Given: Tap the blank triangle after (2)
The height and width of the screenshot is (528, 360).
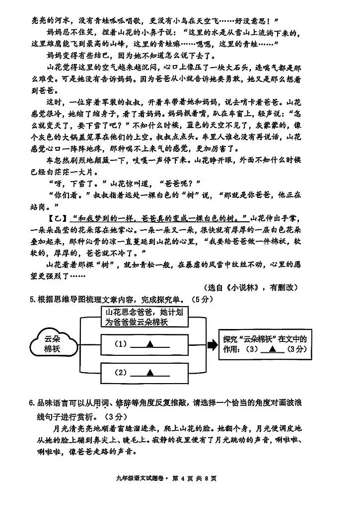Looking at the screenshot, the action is [147, 372].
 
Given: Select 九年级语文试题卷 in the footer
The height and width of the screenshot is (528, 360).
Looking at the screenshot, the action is [140, 479].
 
